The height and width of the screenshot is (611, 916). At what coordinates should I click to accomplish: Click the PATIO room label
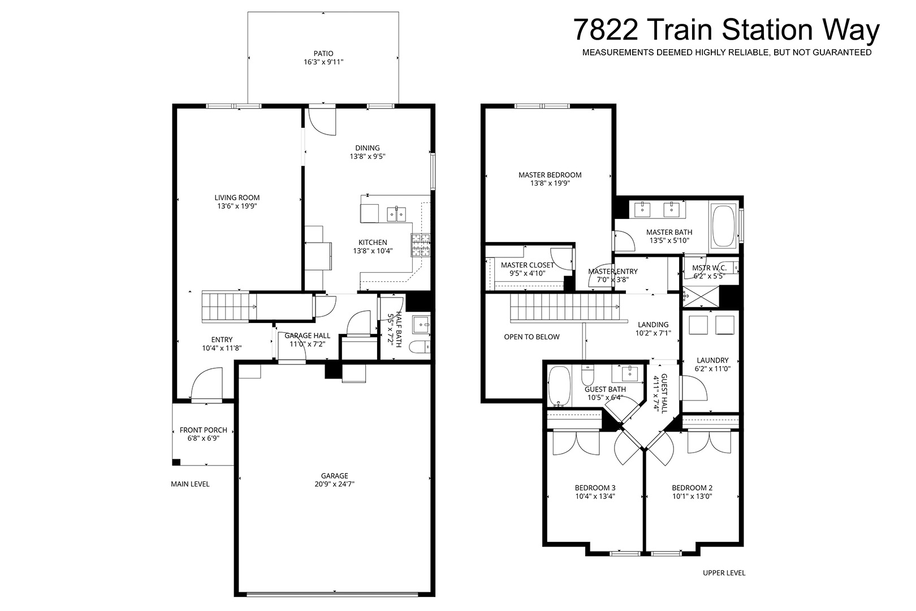pyautogui.click(x=323, y=54)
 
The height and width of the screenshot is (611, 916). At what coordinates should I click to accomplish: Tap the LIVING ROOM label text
pyautogui.click(x=237, y=197)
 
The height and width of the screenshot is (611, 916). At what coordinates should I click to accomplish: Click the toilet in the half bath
pyautogui.click(x=420, y=347)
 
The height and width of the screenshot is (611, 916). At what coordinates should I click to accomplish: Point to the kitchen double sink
pyautogui.click(x=396, y=214)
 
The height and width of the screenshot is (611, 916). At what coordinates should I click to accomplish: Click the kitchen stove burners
pyautogui.click(x=420, y=245)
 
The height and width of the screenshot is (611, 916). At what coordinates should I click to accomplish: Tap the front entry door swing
pyautogui.click(x=207, y=383)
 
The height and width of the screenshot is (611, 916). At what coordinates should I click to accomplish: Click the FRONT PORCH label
pyautogui.click(x=203, y=430)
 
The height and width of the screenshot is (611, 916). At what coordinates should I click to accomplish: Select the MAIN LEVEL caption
pyautogui.click(x=190, y=484)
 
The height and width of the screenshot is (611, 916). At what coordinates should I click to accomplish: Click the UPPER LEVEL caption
pyautogui.click(x=724, y=573)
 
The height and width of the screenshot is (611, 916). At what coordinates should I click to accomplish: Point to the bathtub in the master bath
pyautogui.click(x=723, y=226)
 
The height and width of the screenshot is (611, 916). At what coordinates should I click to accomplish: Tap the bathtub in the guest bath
pyautogui.click(x=559, y=385)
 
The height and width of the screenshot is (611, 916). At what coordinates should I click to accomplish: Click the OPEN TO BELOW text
pyautogui.click(x=532, y=337)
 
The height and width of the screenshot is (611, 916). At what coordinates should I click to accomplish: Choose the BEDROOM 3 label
pyautogui.click(x=595, y=488)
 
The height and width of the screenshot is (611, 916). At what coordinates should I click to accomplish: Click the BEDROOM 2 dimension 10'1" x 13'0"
pyautogui.click(x=692, y=496)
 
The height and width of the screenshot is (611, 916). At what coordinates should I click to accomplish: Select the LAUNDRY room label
pyautogui.click(x=712, y=360)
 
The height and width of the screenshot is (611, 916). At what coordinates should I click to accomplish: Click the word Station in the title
pyautogui.click(x=767, y=29)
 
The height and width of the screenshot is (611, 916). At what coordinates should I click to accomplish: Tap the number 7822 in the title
pyautogui.click(x=606, y=29)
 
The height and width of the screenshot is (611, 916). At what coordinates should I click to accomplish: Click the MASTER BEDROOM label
pyautogui.click(x=550, y=175)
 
